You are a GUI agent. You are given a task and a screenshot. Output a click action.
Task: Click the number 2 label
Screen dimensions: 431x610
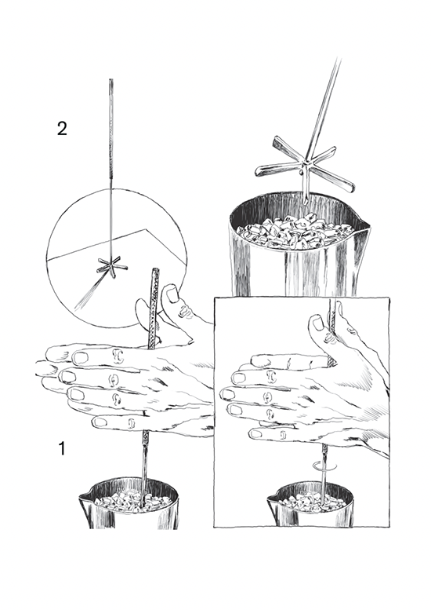[x=62, y=129]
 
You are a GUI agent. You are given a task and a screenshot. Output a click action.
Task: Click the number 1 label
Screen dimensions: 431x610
[x=62, y=448]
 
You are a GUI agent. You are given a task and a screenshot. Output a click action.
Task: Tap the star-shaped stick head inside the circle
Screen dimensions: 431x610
[x=111, y=267]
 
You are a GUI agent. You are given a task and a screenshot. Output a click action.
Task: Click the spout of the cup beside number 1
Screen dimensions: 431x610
[x=85, y=496]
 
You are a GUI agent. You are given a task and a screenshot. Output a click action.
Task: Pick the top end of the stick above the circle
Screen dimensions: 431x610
[x=111, y=80]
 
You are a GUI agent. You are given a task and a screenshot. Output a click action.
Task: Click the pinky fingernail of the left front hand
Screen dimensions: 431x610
[x=100, y=422]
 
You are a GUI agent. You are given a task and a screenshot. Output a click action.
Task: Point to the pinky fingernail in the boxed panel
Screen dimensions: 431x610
[x=255, y=433]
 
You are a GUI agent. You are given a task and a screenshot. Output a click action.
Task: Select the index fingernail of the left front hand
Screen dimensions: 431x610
[x=81, y=357]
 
